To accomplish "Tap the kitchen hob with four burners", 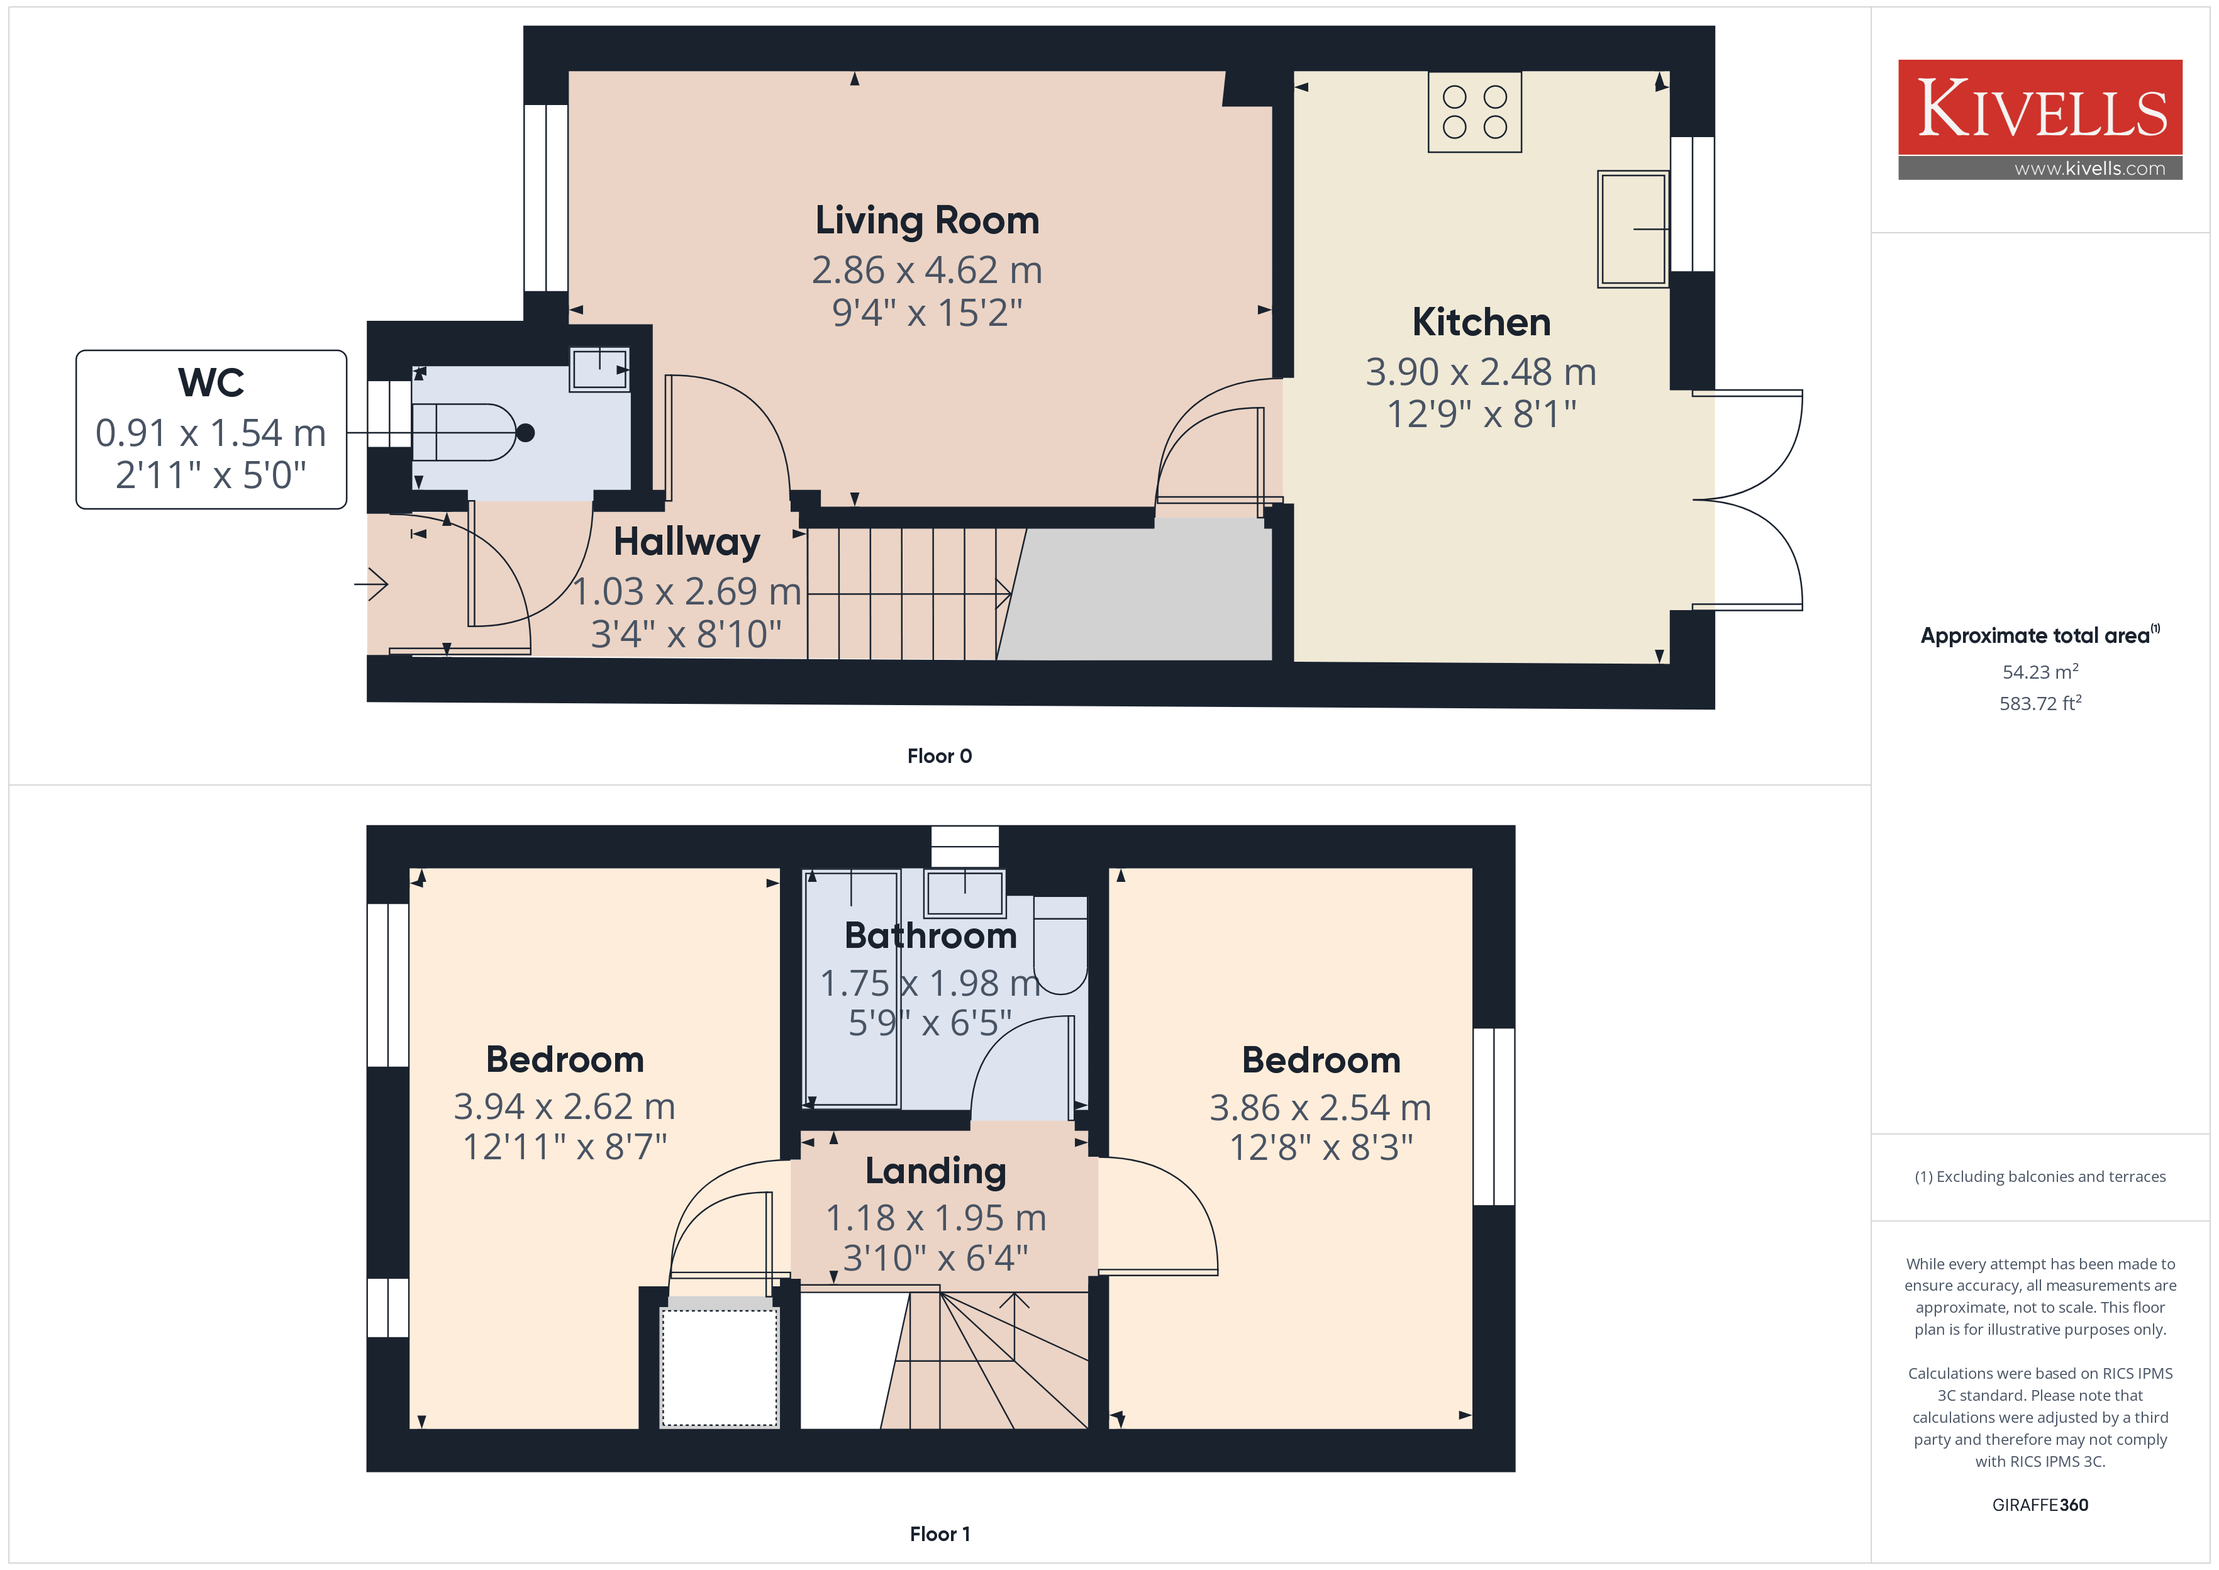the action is pyautogui.click(x=1475, y=112).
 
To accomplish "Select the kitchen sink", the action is pyautogui.click(x=1632, y=229).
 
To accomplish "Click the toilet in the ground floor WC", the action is pyautogui.click(x=472, y=432).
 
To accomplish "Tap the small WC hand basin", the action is pyautogui.click(x=599, y=369).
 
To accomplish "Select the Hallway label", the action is pyautogui.click(x=687, y=542).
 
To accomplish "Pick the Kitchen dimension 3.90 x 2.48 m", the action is pyautogui.click(x=1481, y=371).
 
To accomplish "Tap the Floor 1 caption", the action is pyautogui.click(x=940, y=1534).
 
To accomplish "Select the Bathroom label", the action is pyautogui.click(x=931, y=936).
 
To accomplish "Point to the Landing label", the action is pyautogui.click(x=935, y=1171).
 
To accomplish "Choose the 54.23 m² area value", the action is pyautogui.click(x=2040, y=671).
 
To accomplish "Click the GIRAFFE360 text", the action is pyautogui.click(x=2040, y=1505).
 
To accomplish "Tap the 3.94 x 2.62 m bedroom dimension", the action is pyautogui.click(x=564, y=1106).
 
